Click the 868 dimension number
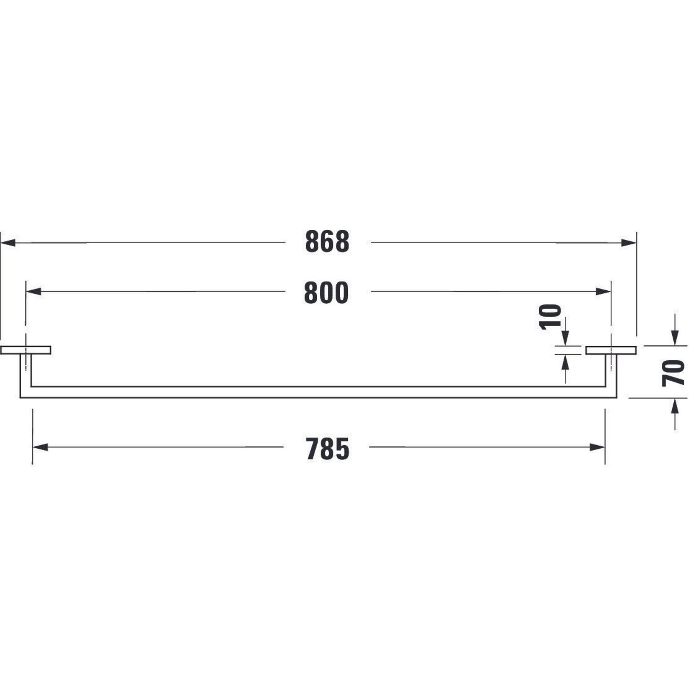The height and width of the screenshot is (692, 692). [327, 242]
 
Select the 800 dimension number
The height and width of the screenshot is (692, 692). [326, 293]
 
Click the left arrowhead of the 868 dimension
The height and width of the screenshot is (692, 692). [8, 243]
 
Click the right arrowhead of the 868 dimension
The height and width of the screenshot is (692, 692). [629, 243]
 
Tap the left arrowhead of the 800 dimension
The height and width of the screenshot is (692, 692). [34, 292]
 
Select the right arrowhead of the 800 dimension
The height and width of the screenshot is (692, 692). [603, 292]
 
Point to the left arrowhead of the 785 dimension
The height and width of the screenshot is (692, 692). [40, 447]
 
